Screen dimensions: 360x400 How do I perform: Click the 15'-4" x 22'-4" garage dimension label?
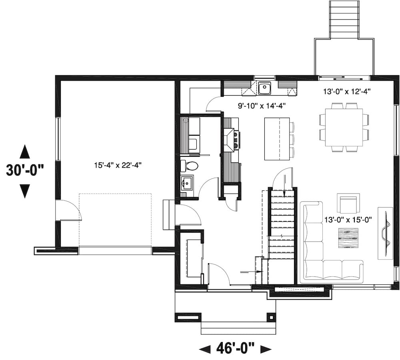pos(116,164)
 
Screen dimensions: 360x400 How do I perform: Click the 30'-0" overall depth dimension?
pos(24,171)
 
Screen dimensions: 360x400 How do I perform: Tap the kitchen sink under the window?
pos(264,88)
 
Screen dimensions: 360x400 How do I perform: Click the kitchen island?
pos(277,139)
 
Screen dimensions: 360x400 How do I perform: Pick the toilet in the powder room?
pos(189,166)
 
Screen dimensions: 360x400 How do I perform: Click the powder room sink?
pos(187,183)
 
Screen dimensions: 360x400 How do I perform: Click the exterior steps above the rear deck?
pos(344,19)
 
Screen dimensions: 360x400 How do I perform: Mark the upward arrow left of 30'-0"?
pos(24,152)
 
